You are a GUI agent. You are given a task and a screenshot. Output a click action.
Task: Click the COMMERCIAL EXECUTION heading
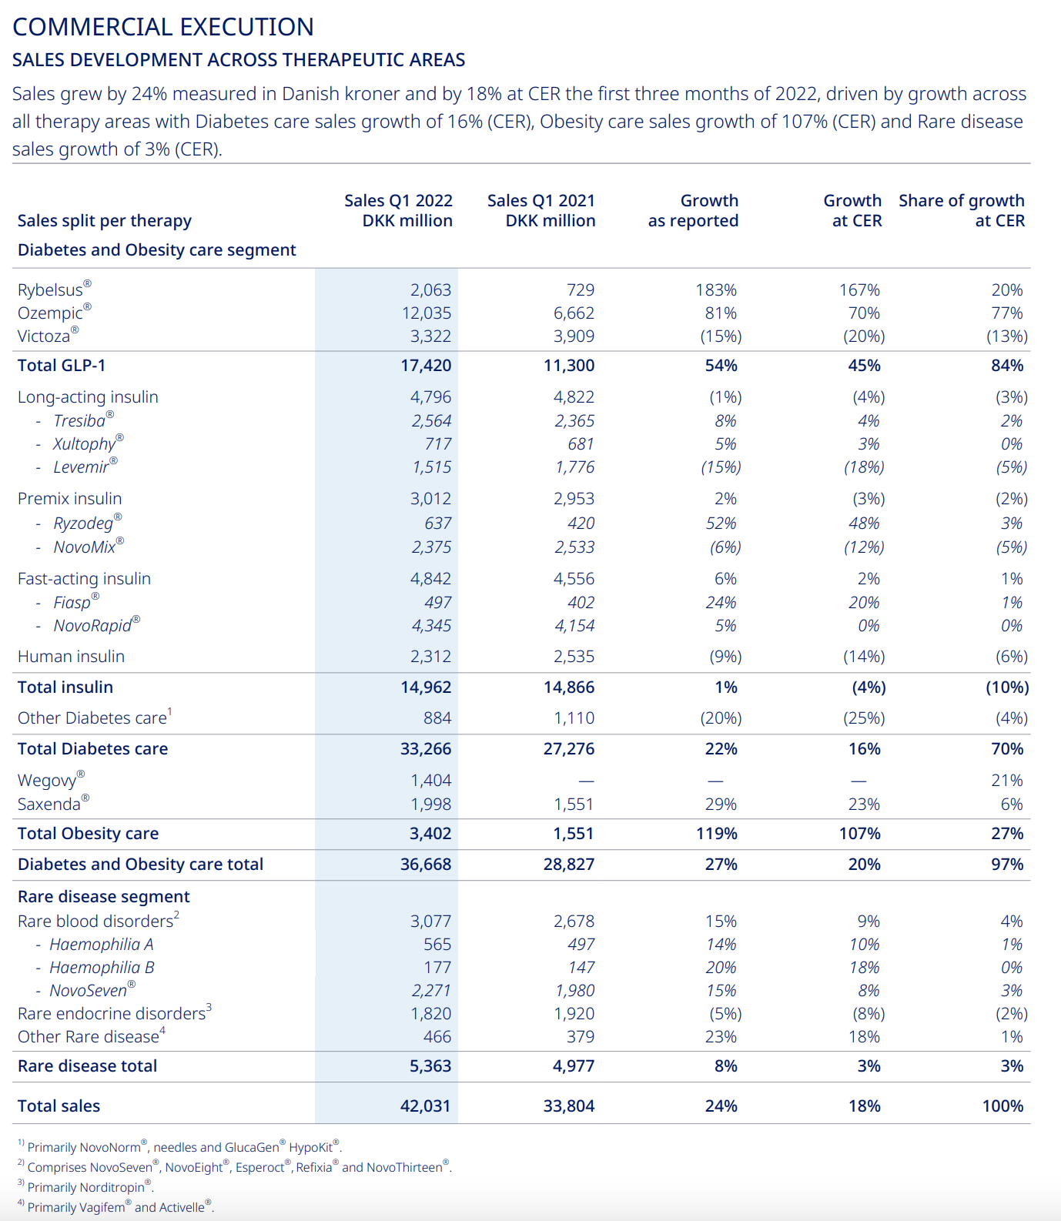pos(163,27)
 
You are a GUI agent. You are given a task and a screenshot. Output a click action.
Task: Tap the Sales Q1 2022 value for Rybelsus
pos(430,289)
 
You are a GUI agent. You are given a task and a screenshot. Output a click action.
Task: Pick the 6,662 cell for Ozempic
pos(574,313)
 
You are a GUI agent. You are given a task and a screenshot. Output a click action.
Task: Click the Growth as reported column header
pos(693,210)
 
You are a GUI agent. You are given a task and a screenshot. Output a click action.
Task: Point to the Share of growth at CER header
pos(962,210)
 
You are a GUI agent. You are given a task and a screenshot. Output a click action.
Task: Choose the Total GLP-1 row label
pos(62,365)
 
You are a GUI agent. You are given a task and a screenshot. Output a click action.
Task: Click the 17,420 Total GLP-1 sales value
pos(426,365)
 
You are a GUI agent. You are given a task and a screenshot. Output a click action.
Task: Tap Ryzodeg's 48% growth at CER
pos(864,523)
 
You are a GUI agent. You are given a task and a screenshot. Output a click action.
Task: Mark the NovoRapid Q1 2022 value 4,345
pos(432,625)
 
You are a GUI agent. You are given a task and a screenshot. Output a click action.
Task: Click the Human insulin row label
pos(71,656)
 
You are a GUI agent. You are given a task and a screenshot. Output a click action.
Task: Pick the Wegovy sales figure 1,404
pos(431,780)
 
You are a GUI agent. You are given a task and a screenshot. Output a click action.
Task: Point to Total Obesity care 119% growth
pos(716,833)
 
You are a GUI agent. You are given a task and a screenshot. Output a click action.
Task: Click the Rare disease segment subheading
pos(103,896)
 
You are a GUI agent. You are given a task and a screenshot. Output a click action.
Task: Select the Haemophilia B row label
pos(102,967)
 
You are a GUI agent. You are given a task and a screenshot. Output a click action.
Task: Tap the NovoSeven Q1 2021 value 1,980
pos(574,990)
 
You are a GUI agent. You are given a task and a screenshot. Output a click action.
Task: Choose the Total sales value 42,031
pos(426,1106)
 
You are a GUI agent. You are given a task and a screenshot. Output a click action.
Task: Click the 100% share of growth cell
pos(1003,1106)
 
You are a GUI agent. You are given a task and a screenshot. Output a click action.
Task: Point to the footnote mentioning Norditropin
pos(85,1186)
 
